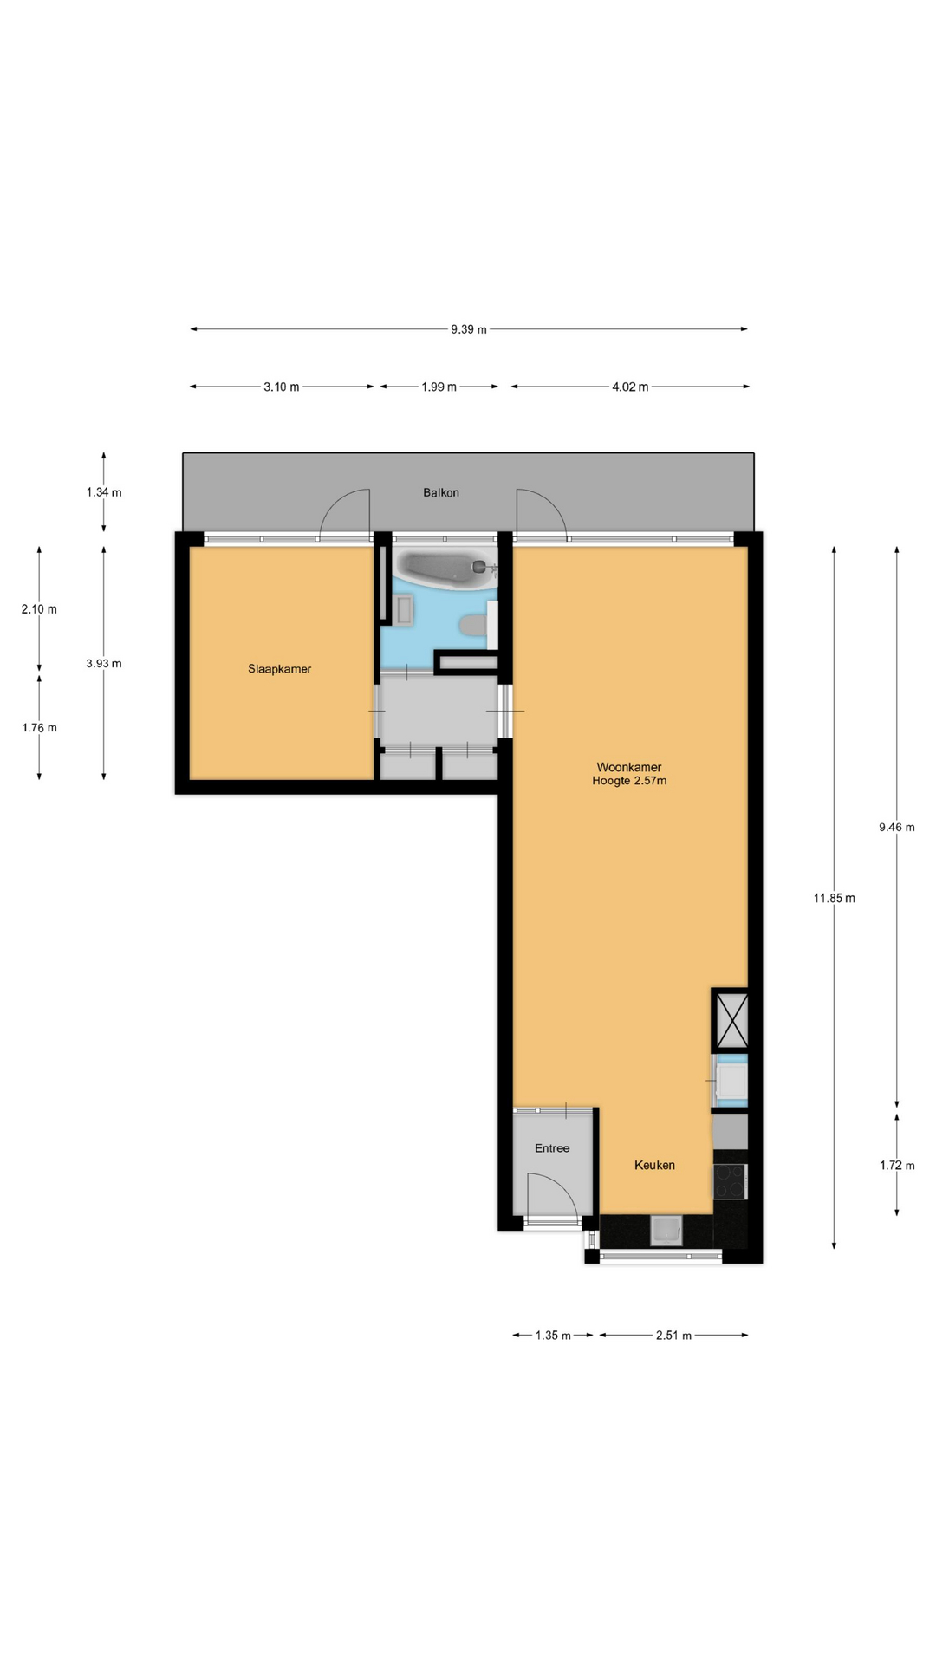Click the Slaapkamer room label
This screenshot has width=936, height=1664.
(x=279, y=669)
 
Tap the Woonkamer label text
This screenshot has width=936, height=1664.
(x=629, y=767)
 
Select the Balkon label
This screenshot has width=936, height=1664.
(x=441, y=492)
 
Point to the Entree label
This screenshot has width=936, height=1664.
(x=552, y=1148)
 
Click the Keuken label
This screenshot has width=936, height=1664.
(x=654, y=1165)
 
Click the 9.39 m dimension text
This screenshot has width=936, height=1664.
(x=469, y=329)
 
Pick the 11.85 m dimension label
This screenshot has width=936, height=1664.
(x=834, y=898)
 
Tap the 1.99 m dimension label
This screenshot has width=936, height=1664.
(x=439, y=387)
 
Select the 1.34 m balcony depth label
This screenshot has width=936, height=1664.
(x=104, y=492)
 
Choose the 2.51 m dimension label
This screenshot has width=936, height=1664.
(x=673, y=1335)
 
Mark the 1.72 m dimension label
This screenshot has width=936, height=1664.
(x=897, y=1165)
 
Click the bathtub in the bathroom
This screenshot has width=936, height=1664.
(x=444, y=568)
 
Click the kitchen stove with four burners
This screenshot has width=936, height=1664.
(x=730, y=1180)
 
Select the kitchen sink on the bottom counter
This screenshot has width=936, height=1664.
(x=666, y=1230)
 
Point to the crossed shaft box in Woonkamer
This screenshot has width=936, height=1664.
(x=730, y=1019)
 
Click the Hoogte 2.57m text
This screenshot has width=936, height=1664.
(x=629, y=780)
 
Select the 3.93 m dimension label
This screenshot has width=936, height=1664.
(x=104, y=664)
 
